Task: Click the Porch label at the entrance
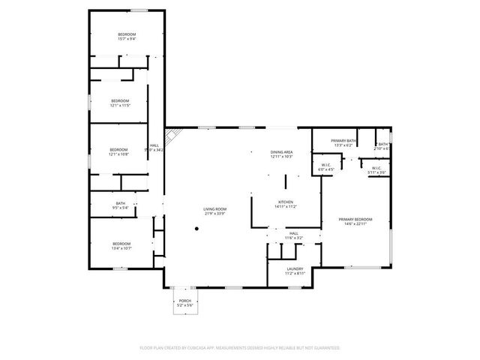tap(184, 302)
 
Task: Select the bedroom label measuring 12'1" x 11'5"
tap(121, 103)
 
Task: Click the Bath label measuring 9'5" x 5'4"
tap(120, 205)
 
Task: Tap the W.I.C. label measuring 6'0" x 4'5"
tap(326, 167)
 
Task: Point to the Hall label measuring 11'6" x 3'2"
tap(294, 235)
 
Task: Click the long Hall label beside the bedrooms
tap(154, 148)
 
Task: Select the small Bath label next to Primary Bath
tap(382, 146)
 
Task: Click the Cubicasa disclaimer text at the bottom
tap(240, 348)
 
